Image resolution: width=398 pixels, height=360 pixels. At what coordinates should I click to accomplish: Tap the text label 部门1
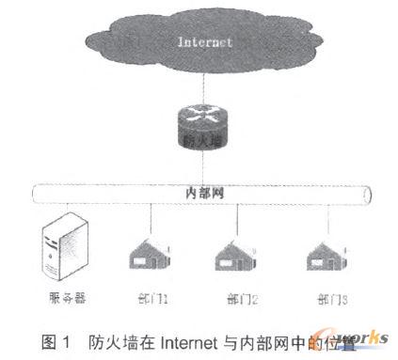pyautogui.click(x=151, y=299)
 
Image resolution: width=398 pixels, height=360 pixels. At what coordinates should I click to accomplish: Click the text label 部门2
pyautogui.click(x=241, y=299)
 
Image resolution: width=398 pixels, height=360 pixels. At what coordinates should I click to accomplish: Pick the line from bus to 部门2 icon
pyautogui.click(x=235, y=220)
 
